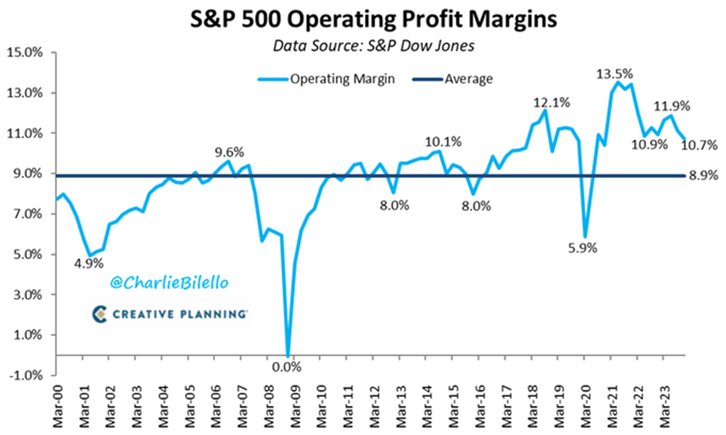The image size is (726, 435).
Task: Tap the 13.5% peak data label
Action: click(x=614, y=74)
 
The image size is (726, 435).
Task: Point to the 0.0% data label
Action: click(x=285, y=366)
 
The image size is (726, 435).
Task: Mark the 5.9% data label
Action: click(x=583, y=250)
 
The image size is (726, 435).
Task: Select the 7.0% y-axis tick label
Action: click(x=27, y=215)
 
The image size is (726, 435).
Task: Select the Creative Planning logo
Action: click(x=171, y=314)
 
